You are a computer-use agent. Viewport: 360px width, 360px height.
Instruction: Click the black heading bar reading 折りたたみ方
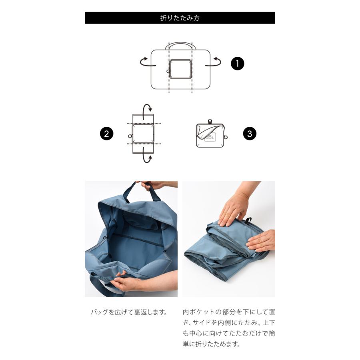pos(180,18)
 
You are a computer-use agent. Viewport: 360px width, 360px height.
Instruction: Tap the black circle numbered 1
pos(237,64)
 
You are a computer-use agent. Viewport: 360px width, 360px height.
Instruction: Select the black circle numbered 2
pos(106,134)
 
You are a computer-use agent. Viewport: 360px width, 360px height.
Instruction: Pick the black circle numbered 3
pos(249,134)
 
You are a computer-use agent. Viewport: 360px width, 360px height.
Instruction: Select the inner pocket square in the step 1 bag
pos(180,69)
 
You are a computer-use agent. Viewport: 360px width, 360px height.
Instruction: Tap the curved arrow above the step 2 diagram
pos(148,107)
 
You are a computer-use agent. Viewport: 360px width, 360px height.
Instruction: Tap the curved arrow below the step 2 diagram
pos(148,158)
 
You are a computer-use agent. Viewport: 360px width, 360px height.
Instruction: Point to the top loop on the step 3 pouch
pos(210,121)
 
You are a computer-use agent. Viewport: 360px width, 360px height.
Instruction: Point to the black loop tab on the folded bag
pos(248,220)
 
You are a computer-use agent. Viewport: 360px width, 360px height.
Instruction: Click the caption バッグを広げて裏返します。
pos(128,312)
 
